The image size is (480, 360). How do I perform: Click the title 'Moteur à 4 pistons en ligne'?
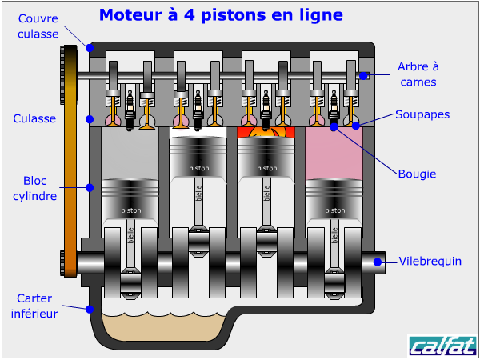coord(221,14)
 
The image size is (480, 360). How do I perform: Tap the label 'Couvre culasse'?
coord(38,26)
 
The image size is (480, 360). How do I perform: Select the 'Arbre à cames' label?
coord(418,74)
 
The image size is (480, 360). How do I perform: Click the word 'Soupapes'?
coord(422,114)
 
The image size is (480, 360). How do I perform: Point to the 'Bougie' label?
coord(416,173)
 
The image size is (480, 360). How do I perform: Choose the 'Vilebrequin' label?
coord(430,261)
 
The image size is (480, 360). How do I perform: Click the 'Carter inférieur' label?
coord(34,306)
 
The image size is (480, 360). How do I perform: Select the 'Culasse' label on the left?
coord(34,118)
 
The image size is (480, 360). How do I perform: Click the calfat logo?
coord(442,346)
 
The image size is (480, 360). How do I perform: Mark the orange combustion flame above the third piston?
coord(266,131)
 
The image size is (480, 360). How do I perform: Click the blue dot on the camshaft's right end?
coord(363,76)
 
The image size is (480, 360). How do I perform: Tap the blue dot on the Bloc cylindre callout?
coord(90,187)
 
